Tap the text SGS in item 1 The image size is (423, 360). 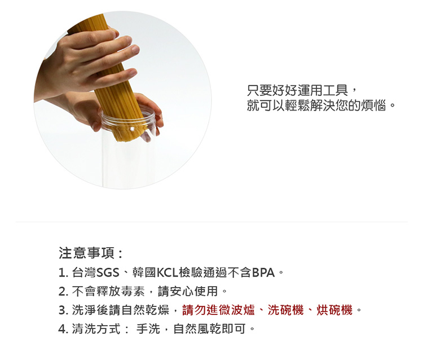(108, 273)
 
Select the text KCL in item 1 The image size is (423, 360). (168, 273)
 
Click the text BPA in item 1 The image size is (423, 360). (263, 273)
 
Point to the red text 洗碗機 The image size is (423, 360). (286, 310)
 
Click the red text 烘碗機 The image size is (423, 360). (334, 310)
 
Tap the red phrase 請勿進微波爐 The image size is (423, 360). (218, 310)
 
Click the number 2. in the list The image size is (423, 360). (63, 292)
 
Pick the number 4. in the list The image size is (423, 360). (63, 329)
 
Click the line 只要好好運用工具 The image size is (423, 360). (298, 90)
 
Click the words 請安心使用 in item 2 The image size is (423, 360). (188, 291)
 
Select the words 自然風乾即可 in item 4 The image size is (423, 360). (210, 329)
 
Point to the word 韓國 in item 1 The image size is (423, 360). (144, 273)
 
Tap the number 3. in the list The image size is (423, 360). (63, 310)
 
